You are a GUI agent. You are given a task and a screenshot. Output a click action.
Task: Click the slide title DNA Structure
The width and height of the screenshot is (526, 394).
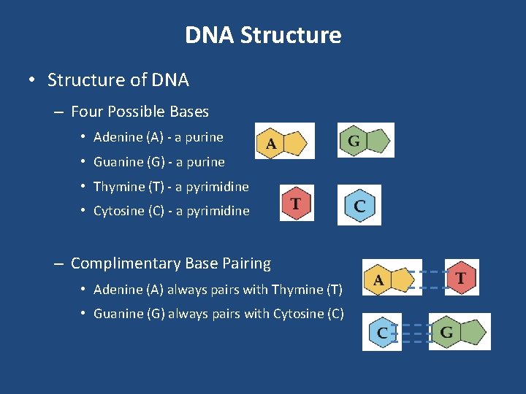[263, 35]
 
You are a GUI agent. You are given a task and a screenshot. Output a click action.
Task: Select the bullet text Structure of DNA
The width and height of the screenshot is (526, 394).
[118, 80]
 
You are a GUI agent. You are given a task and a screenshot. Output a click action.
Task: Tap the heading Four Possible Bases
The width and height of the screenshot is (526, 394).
[140, 112]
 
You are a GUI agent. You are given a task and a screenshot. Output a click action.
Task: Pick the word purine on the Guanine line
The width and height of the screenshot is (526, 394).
[205, 162]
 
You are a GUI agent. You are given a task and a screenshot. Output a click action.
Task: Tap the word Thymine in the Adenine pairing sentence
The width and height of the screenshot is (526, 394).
[298, 290]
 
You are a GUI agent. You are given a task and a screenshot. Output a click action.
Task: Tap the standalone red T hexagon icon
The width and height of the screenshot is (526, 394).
[297, 203]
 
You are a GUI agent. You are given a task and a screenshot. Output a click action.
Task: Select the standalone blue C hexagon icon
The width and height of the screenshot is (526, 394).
[359, 205]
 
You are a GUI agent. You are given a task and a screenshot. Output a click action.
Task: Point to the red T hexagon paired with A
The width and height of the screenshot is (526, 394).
[462, 277]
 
